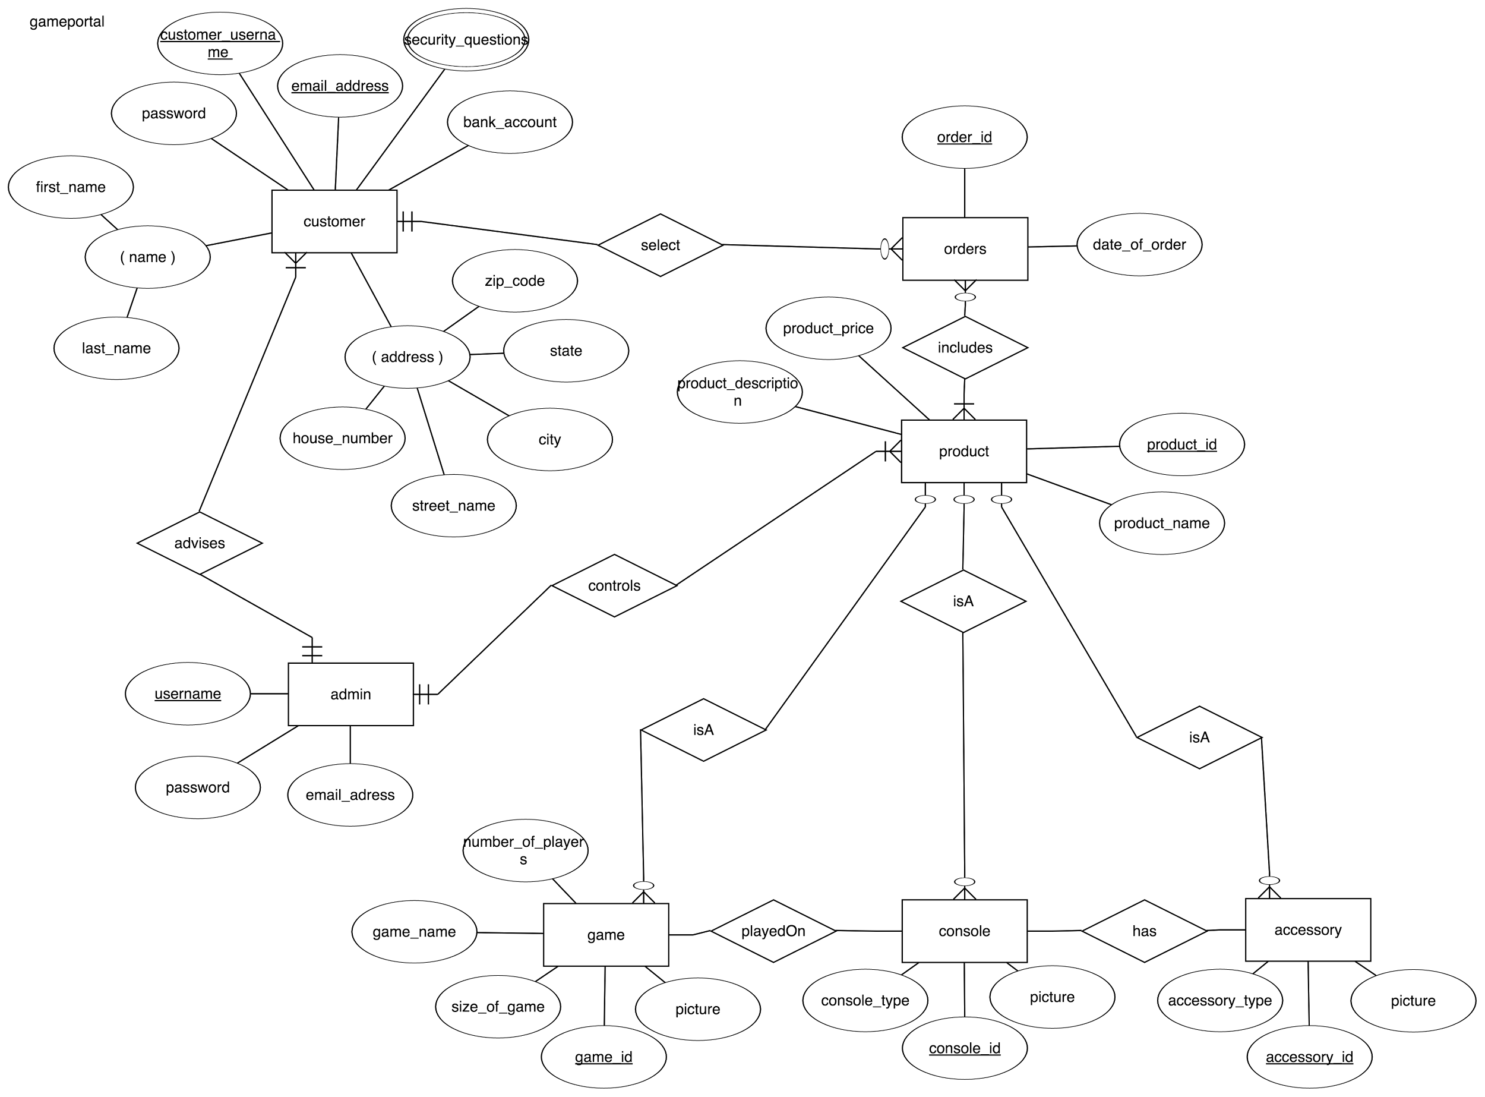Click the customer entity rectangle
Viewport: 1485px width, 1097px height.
tap(334, 221)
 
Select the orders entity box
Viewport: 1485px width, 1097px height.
tap(965, 248)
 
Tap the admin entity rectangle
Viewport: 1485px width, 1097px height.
tap(350, 694)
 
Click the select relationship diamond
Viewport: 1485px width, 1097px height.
tap(660, 245)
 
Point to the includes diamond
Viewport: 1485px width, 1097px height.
tap(965, 347)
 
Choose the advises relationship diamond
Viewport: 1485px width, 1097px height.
tap(199, 543)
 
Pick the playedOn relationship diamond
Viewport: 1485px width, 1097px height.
tap(773, 931)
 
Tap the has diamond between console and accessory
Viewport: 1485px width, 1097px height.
tap(1144, 931)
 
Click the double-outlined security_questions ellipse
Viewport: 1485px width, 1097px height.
tap(466, 39)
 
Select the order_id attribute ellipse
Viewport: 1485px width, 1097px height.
tap(964, 137)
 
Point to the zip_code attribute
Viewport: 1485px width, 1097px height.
tap(514, 280)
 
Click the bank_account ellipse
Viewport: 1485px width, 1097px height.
tap(509, 122)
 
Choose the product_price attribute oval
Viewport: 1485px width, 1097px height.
tap(828, 328)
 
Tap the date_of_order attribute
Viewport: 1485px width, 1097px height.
tap(1139, 244)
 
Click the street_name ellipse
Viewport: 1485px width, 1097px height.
tap(453, 505)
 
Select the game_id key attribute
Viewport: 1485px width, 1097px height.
tap(604, 1057)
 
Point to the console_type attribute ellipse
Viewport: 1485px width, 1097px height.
tap(865, 1000)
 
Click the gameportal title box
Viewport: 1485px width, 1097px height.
tap(89, 44)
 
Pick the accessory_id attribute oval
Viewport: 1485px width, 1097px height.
tap(1309, 1057)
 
